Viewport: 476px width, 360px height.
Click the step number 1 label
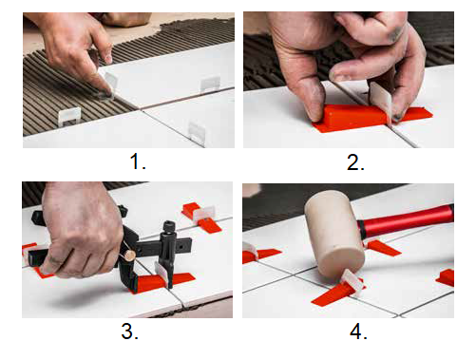click(x=138, y=161)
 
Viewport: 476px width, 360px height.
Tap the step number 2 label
click(x=355, y=162)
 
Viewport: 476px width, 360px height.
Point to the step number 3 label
click(x=129, y=332)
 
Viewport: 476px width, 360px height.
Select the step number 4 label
click(x=358, y=332)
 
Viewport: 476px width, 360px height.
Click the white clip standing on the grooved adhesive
click(x=69, y=116)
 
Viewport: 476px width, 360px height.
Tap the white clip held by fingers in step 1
click(x=109, y=82)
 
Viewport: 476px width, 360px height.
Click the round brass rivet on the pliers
click(x=130, y=256)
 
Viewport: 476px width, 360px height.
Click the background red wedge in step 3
click(x=201, y=218)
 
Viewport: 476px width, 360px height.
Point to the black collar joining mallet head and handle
click(x=362, y=230)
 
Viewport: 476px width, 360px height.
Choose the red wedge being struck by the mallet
click(x=335, y=293)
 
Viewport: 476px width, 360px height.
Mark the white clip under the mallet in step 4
click(x=352, y=281)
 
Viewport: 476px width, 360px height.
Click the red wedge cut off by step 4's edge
click(x=446, y=278)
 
